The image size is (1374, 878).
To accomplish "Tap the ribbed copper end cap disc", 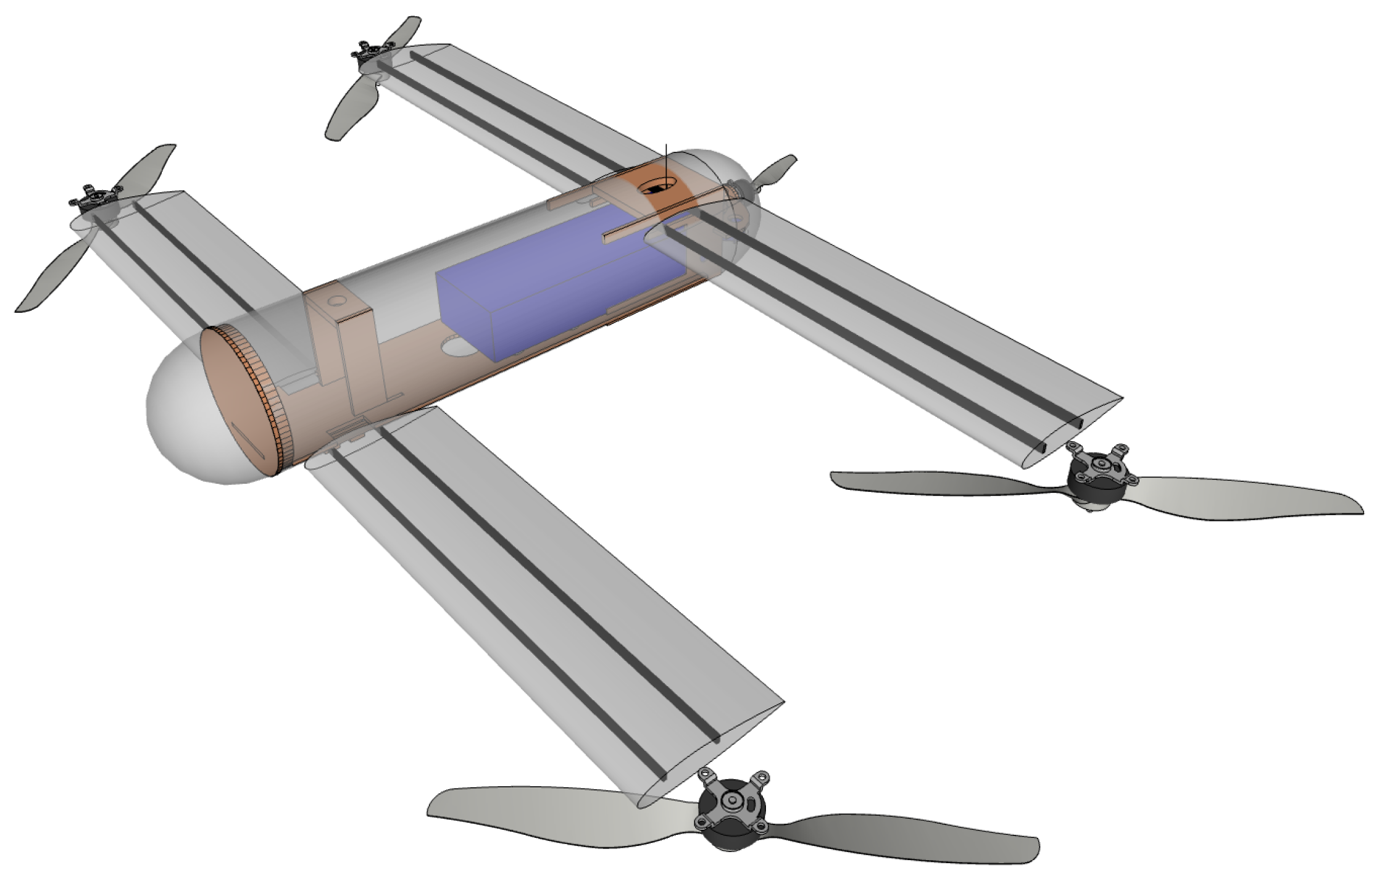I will click(x=238, y=401).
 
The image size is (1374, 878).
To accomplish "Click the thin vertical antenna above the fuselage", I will click(x=667, y=160).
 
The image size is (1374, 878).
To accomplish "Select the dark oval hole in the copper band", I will click(x=657, y=186).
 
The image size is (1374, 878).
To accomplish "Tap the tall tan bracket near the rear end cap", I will click(x=346, y=346).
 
